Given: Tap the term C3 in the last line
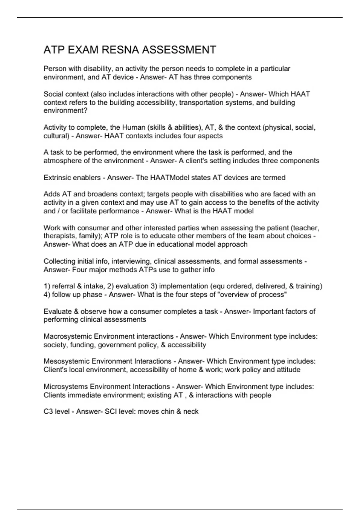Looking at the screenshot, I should [48, 412].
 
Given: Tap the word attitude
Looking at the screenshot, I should [288, 370].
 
